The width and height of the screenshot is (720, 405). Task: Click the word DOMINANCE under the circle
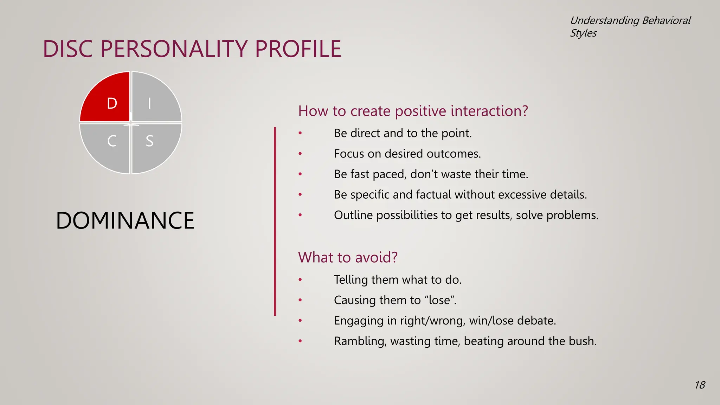[x=125, y=220]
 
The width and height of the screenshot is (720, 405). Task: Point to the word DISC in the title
[x=68, y=49]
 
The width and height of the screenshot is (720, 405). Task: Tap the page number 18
[x=700, y=385]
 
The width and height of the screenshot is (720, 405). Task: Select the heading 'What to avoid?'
[x=348, y=257]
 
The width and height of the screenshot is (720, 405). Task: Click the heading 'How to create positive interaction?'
[x=413, y=111]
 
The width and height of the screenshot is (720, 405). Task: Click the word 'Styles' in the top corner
[x=583, y=33]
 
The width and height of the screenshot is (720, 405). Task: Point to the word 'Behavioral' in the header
[x=666, y=20]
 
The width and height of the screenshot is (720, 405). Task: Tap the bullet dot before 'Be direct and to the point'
[x=300, y=133]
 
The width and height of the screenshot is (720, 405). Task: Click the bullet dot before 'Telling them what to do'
[x=300, y=280]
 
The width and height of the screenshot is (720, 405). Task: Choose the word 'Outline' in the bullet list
[x=353, y=215]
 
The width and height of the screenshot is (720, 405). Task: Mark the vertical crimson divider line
[x=275, y=221]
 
